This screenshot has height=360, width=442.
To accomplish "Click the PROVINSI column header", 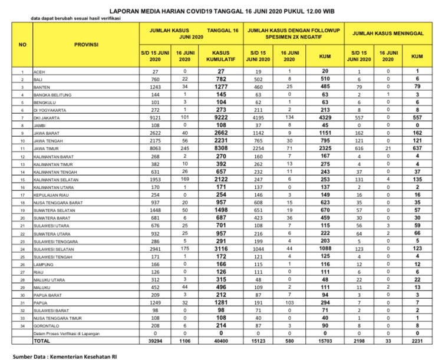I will (x=86, y=45).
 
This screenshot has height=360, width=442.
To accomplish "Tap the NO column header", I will (x=22, y=45).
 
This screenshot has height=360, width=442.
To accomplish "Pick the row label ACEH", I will (x=42, y=71).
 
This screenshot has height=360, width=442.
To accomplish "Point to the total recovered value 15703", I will (x=324, y=341).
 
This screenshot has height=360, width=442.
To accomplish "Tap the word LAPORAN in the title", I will (x=124, y=11).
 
